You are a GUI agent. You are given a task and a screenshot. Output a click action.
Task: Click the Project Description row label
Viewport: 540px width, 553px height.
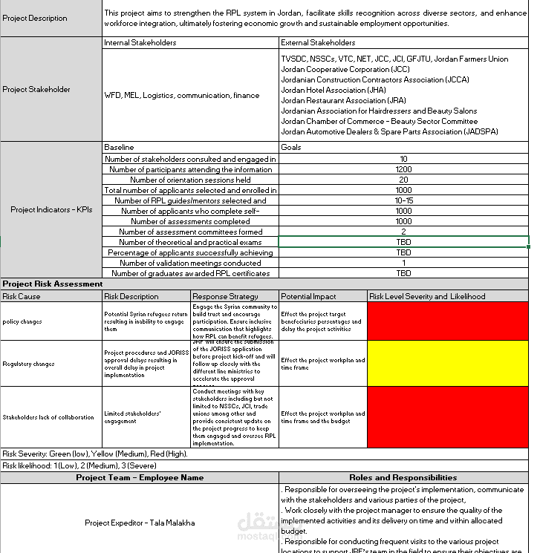[x=34, y=18]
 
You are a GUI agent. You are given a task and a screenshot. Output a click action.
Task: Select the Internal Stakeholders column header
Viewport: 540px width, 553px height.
[x=140, y=43]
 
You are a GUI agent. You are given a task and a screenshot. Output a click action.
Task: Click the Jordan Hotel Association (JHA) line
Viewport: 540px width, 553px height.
[x=334, y=90]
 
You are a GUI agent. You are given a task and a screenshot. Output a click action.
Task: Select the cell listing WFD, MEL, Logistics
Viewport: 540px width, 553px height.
[x=182, y=95]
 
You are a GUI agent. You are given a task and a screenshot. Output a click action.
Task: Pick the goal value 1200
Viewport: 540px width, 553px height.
[x=403, y=169]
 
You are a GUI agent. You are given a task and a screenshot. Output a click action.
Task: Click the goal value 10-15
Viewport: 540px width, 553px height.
[x=403, y=200]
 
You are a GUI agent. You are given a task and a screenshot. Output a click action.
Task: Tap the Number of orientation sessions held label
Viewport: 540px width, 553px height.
[x=190, y=180]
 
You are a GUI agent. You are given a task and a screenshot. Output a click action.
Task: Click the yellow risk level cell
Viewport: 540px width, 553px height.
[x=448, y=363]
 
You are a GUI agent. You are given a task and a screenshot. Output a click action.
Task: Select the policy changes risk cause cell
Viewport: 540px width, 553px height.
[x=22, y=321]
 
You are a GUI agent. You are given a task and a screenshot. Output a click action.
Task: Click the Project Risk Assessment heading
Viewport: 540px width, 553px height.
[x=53, y=284]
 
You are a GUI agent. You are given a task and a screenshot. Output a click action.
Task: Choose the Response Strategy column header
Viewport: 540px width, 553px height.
[x=225, y=296]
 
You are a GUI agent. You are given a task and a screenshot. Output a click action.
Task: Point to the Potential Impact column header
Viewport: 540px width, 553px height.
[x=308, y=296]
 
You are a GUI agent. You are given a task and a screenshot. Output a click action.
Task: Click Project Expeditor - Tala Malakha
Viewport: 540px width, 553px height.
[x=140, y=523]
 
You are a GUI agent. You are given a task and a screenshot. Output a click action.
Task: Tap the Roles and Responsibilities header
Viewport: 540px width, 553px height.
[x=403, y=477]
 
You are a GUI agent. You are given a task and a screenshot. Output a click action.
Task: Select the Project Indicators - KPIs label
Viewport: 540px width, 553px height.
[x=51, y=210]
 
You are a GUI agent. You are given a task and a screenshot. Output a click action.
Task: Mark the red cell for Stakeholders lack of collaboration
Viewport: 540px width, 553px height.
[x=448, y=416]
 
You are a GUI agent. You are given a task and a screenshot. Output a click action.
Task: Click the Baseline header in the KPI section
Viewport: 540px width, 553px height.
[x=119, y=147]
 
